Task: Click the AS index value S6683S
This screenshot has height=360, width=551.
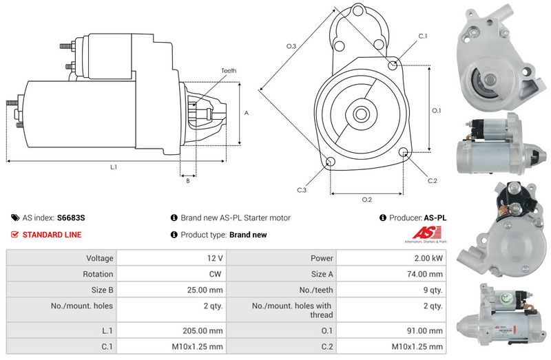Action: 71,218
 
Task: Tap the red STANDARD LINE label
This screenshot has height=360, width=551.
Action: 52,235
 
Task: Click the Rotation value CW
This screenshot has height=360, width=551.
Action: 215,274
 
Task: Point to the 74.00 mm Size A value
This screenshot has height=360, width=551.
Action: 424,274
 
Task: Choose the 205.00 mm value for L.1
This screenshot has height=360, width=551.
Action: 202,330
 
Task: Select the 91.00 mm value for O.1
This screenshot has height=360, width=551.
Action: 424,330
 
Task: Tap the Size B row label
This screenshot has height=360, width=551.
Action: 102,290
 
